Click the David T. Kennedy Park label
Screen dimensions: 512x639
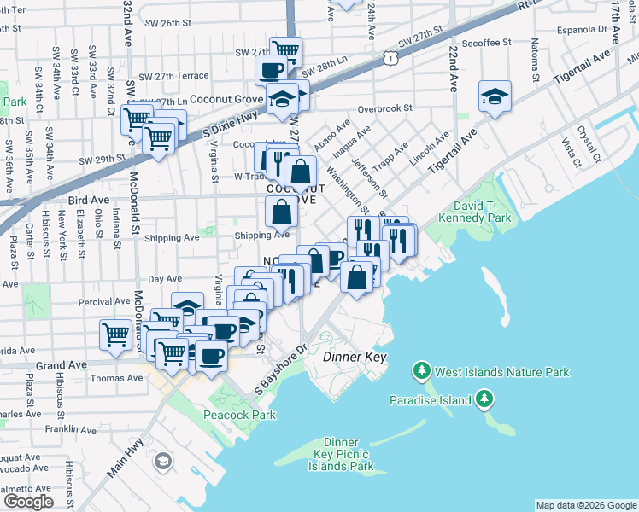pyautogui.click(x=474, y=212)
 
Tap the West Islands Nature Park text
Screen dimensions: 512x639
pyautogui.click(x=501, y=372)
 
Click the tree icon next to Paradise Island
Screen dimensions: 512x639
pyautogui.click(x=484, y=399)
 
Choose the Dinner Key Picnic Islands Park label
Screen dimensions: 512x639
pyautogui.click(x=341, y=454)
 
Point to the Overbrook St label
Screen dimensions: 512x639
pyautogui.click(x=385, y=109)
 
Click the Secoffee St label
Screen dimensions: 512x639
pyautogui.click(x=485, y=41)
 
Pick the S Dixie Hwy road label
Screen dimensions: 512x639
pyautogui.click(x=205, y=127)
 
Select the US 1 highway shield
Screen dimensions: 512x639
pyautogui.click(x=390, y=56)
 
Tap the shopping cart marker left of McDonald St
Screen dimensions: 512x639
pyautogui.click(x=115, y=334)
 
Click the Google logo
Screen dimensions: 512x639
pyautogui.click(x=28, y=502)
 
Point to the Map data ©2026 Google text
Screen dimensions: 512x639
pyautogui.click(x=586, y=505)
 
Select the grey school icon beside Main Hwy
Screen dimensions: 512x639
pyautogui.click(x=161, y=463)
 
